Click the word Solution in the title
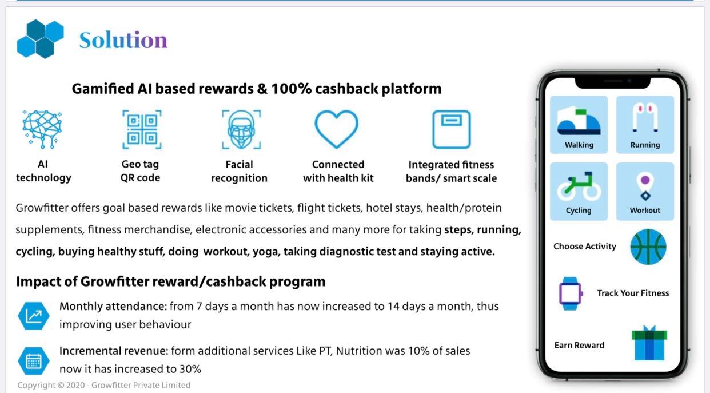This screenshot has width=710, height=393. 123,40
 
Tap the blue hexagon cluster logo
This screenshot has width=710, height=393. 40,39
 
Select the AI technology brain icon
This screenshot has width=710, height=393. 42,129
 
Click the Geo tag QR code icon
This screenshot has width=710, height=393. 142,129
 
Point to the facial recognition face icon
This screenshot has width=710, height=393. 241,129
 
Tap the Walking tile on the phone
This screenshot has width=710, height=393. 579,125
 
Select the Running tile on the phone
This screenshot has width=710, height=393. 645,125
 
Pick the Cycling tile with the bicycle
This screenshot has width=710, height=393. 579,191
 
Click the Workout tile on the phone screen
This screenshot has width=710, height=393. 645,191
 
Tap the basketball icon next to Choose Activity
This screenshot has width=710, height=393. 648,247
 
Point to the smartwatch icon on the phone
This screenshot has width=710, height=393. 570,293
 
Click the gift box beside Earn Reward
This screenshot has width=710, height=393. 649,343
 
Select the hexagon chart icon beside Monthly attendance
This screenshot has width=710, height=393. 34,316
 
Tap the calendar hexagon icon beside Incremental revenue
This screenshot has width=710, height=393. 34,360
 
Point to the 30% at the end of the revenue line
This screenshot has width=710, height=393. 190,369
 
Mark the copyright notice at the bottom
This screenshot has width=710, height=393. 104,385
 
